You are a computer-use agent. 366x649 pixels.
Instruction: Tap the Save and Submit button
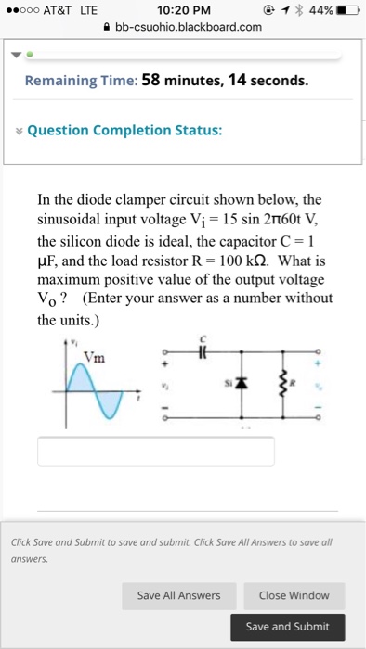point(288,627)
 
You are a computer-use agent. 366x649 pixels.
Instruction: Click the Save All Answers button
point(178,595)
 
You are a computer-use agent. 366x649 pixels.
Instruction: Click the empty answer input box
point(156,452)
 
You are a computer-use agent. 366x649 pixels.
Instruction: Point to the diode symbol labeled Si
point(243,384)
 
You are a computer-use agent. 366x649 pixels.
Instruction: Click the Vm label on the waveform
point(93,359)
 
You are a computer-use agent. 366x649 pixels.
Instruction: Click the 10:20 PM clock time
point(182,10)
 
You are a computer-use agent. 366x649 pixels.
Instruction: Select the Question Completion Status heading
point(124,131)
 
